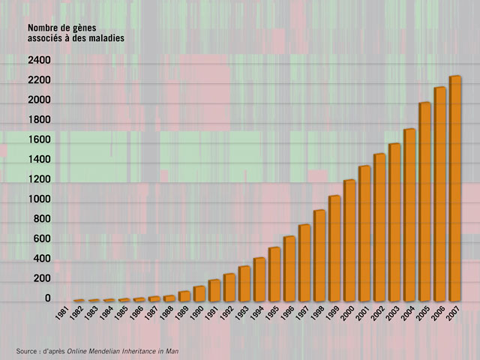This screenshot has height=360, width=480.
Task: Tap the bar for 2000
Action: tap(349, 240)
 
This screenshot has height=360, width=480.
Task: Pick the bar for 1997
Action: tap(304, 262)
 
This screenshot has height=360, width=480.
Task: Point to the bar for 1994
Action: tap(259, 278)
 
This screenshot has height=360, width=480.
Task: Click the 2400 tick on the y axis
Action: tap(39, 60)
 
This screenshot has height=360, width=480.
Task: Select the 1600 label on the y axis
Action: tap(39, 139)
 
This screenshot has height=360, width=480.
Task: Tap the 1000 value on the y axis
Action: tap(39, 199)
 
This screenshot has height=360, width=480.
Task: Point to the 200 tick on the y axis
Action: tap(41, 279)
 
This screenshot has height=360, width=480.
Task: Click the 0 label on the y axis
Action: tap(47, 298)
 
